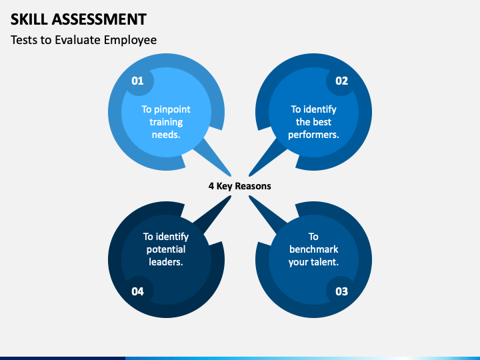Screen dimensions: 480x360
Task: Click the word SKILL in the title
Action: point(29,19)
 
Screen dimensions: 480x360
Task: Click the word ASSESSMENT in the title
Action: point(99,19)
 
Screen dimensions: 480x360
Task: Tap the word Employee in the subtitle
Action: point(130,41)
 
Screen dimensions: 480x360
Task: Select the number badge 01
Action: point(137,81)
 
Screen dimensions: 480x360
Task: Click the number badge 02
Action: point(341,81)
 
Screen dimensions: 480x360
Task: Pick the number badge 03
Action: point(341,291)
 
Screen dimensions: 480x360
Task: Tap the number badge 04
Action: point(137,291)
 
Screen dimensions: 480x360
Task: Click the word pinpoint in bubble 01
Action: point(172,110)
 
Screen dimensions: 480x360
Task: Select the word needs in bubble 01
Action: point(165,135)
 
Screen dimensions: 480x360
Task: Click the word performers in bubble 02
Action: point(313,135)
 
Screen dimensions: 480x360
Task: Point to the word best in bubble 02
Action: point(322,122)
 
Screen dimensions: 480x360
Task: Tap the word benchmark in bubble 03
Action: point(313,249)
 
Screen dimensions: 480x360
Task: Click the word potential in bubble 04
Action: point(165,250)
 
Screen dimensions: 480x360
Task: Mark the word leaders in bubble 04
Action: point(165,262)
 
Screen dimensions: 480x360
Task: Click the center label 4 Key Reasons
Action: point(240,186)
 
